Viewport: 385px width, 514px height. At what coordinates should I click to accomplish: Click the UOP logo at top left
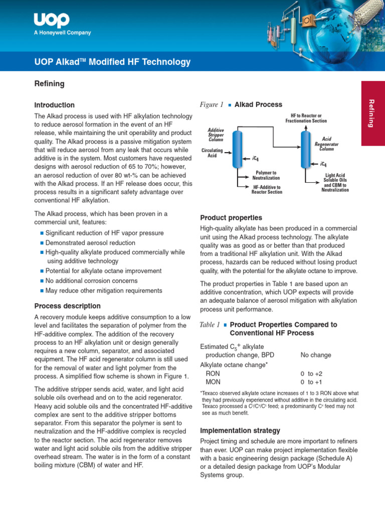point(52,21)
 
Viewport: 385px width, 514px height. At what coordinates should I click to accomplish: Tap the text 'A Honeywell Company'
point(62,33)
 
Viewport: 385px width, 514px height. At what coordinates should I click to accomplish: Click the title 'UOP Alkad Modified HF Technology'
point(112,62)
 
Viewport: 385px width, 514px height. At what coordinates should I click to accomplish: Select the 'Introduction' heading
point(54,105)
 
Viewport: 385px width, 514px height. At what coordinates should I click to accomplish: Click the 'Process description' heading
point(67,306)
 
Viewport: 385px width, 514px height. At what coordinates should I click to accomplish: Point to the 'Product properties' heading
point(231,218)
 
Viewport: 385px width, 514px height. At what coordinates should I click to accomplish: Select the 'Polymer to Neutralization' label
point(266,175)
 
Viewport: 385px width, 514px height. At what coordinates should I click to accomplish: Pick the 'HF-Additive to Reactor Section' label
point(267,189)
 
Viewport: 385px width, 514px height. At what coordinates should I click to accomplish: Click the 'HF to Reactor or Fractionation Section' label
point(306,118)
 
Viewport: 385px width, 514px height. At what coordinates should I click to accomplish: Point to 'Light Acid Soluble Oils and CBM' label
point(335,182)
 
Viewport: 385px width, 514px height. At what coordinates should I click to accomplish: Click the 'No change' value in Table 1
point(315,355)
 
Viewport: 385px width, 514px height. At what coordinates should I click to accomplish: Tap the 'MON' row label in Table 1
point(213,382)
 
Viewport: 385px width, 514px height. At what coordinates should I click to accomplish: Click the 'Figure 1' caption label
point(211,105)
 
